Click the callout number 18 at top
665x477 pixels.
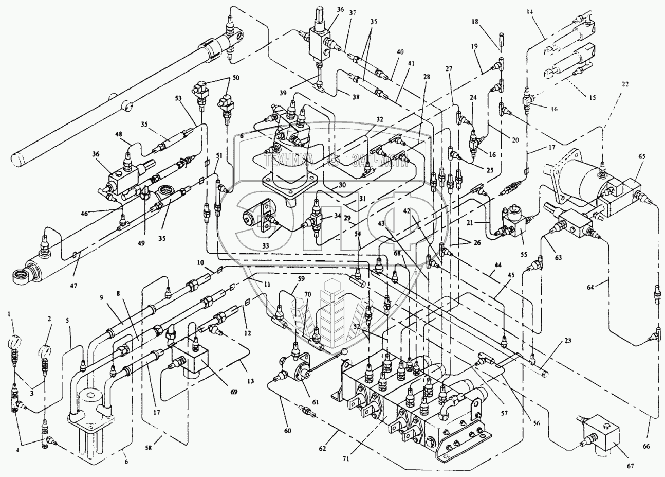tap(474, 22)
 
